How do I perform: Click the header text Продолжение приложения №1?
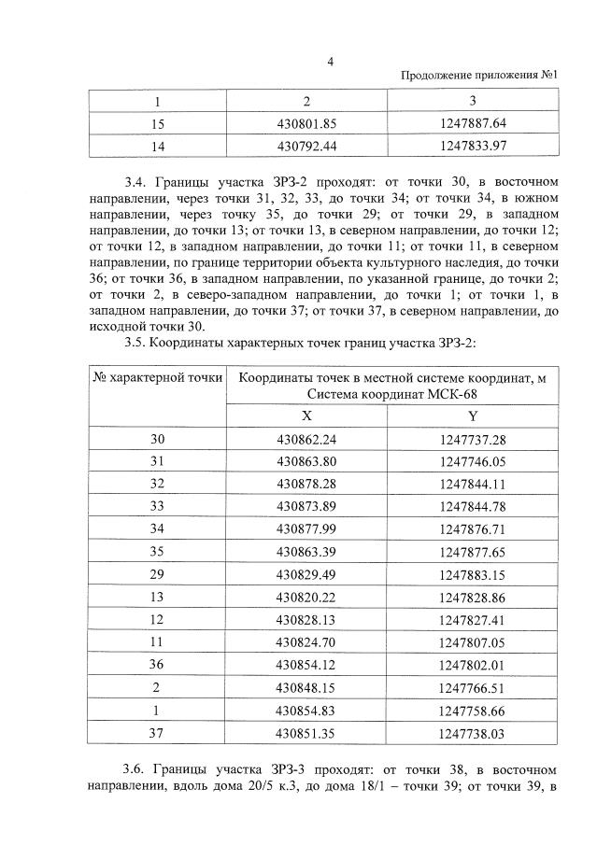click(479, 76)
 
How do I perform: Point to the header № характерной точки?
click(157, 377)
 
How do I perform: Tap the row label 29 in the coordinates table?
click(157, 573)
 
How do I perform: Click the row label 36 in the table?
click(157, 664)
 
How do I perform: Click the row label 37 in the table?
click(157, 734)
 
